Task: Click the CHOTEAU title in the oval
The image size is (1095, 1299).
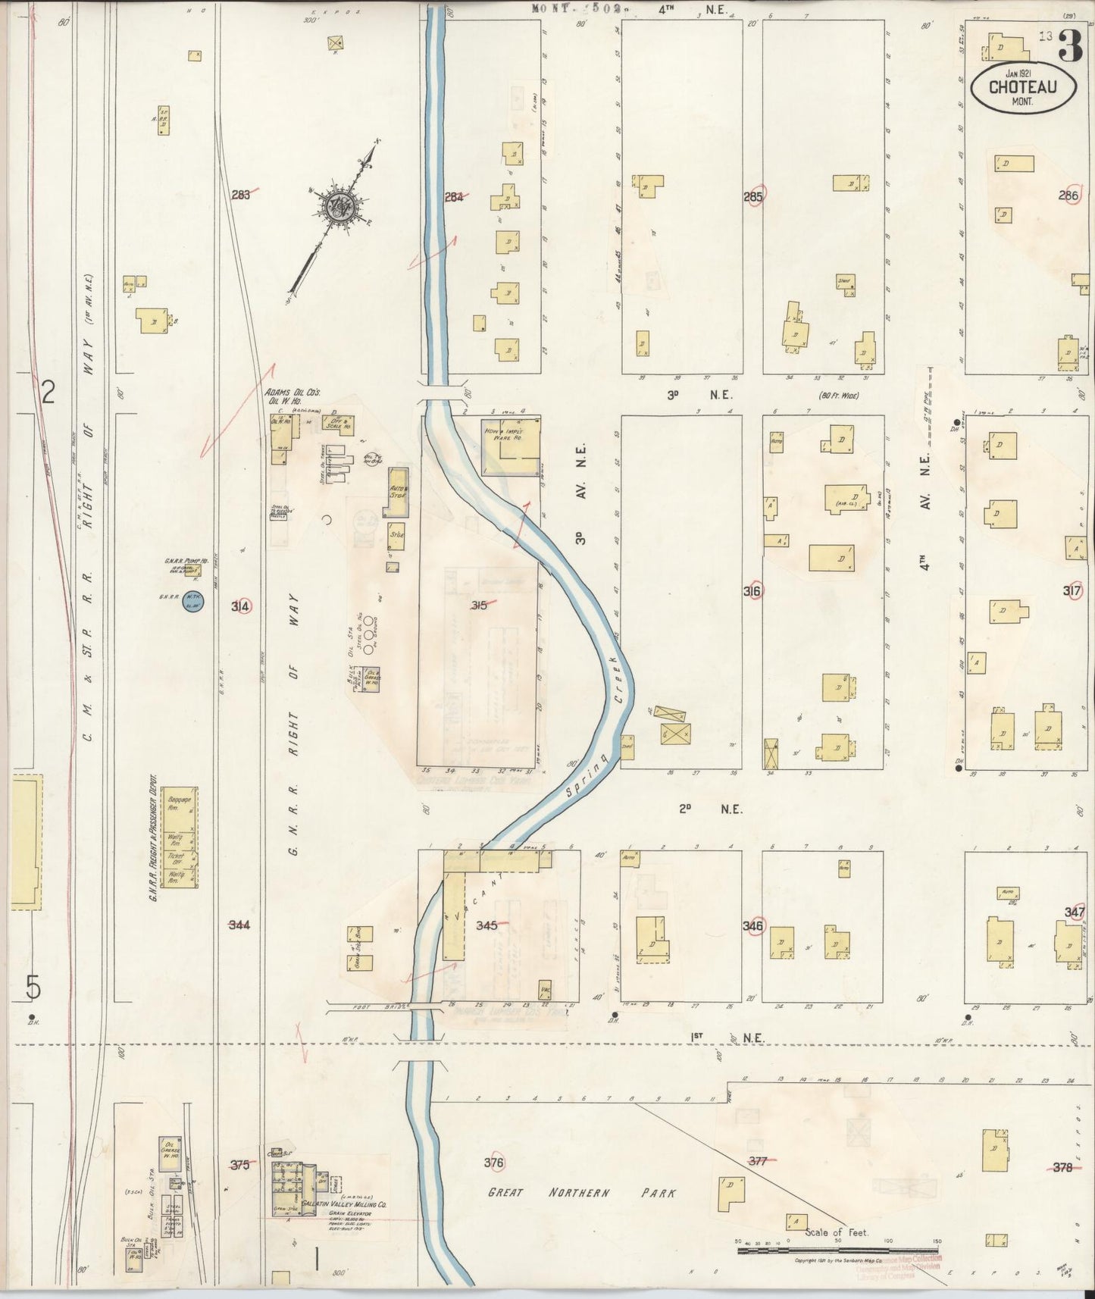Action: [1022, 86]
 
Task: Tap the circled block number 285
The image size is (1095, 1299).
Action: [753, 196]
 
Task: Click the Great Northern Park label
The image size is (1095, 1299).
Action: [582, 1193]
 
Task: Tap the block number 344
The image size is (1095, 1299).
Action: [239, 925]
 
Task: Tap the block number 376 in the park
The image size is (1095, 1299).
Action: [493, 1162]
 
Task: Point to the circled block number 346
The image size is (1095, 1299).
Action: [753, 926]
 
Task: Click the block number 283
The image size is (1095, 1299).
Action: [241, 195]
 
